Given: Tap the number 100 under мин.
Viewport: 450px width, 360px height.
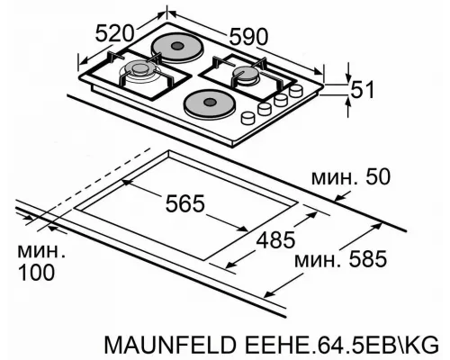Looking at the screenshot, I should (30, 271).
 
